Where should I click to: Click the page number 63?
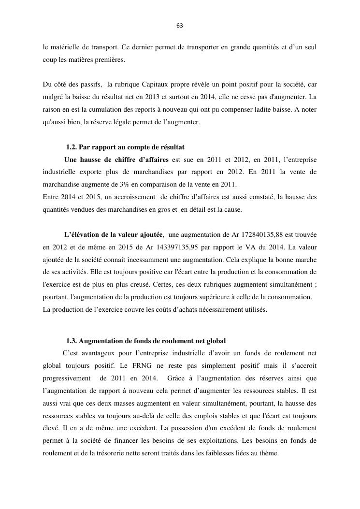180,26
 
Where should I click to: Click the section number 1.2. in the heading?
72,147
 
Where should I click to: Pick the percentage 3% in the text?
134,184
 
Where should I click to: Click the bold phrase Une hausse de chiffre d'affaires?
116,160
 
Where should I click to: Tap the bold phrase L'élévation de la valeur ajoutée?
113,235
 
